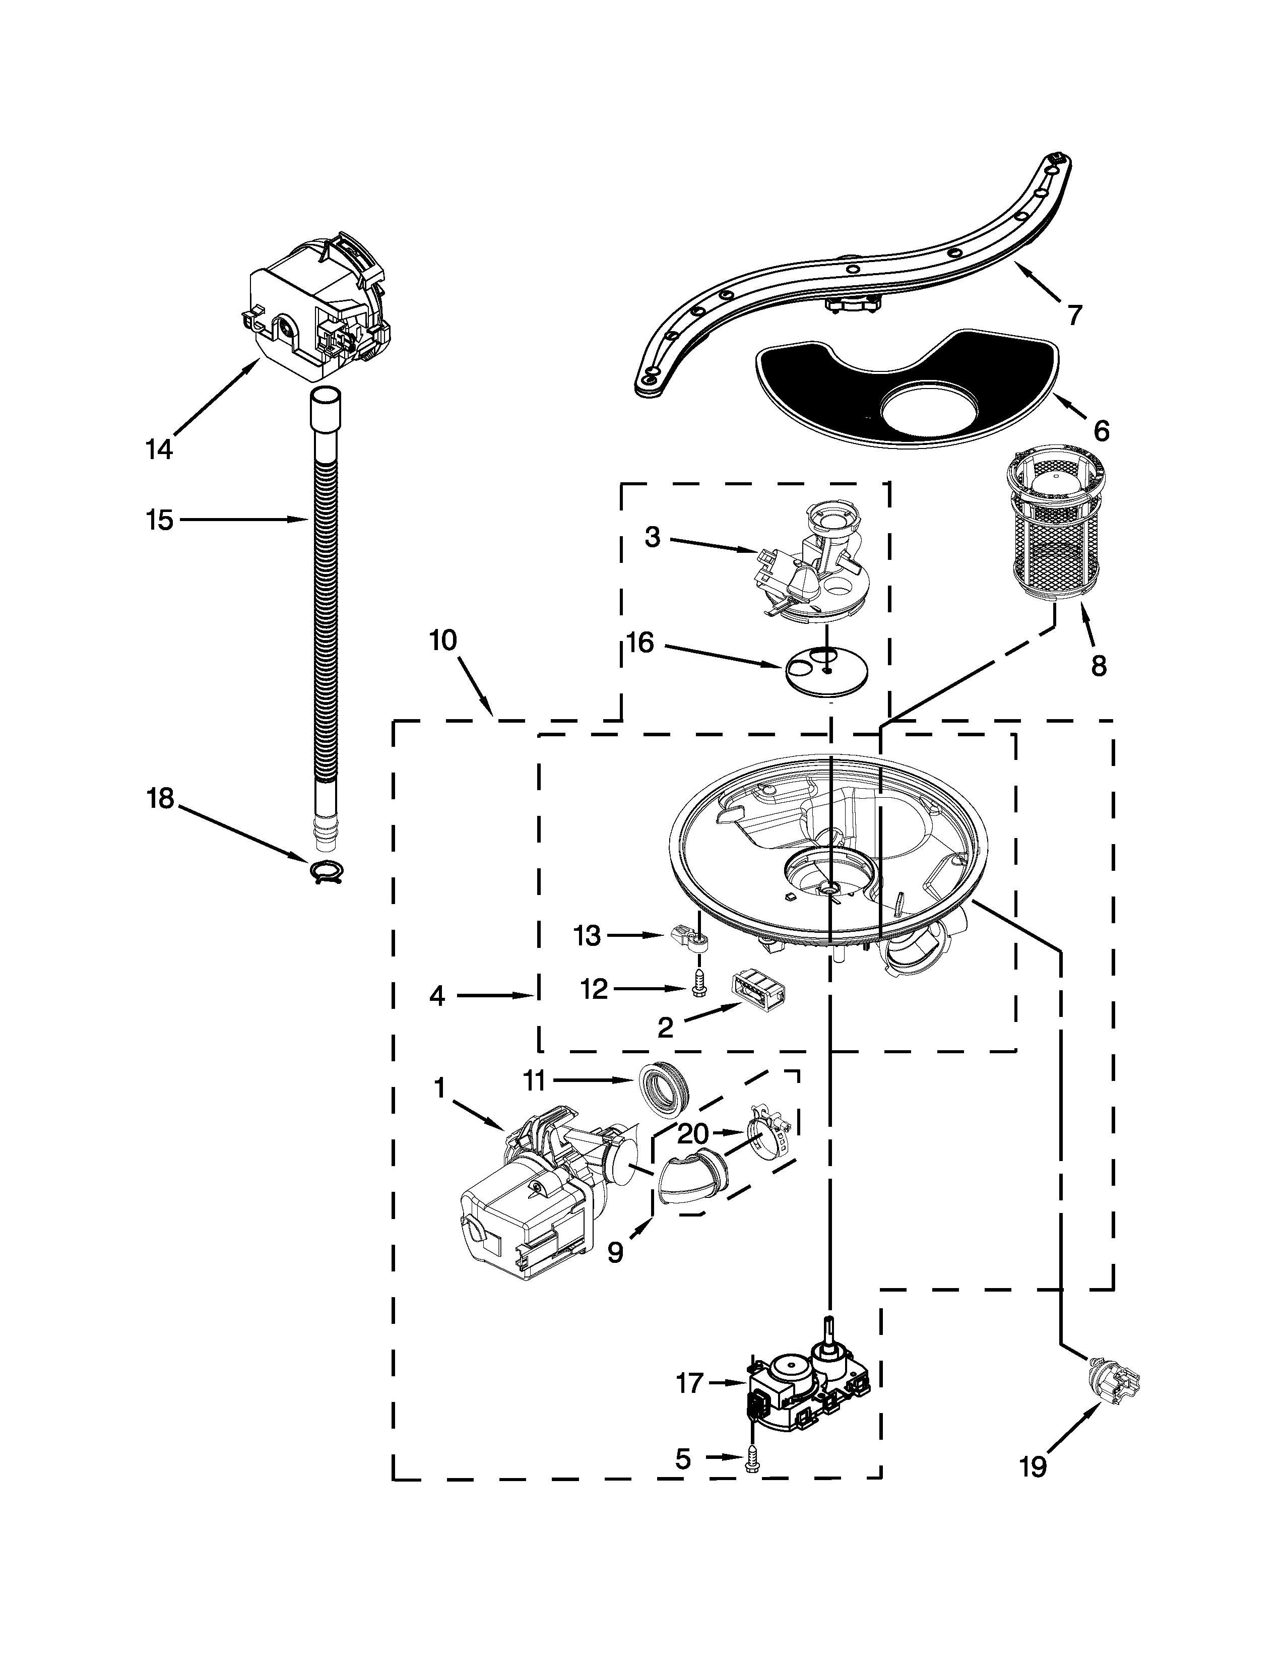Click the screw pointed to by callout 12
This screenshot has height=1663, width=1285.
(x=698, y=986)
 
